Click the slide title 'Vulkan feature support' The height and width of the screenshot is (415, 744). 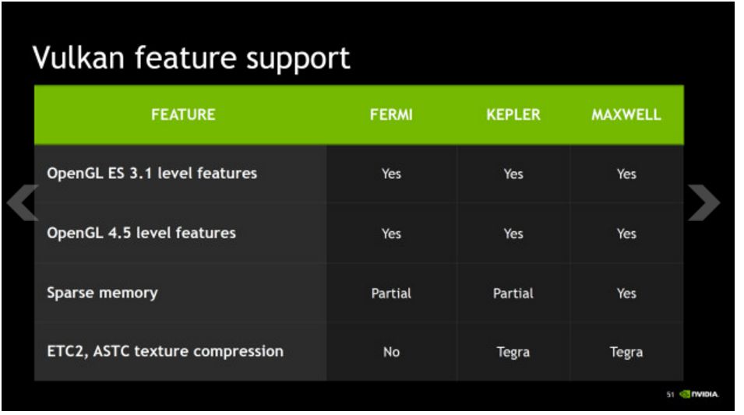(x=191, y=58)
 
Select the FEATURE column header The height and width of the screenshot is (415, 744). (x=183, y=114)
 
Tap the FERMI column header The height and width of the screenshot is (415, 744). (x=391, y=114)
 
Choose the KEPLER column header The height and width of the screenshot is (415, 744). (x=513, y=114)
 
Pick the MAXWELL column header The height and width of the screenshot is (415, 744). (x=626, y=114)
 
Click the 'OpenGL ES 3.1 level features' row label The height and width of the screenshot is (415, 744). (x=152, y=173)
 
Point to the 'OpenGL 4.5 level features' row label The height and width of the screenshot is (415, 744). (x=141, y=233)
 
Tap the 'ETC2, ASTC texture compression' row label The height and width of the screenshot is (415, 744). (x=165, y=351)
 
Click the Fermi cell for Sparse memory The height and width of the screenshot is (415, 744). (x=391, y=294)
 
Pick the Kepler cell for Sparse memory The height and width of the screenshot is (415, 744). (x=513, y=294)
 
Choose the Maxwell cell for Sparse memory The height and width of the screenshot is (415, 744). (x=626, y=294)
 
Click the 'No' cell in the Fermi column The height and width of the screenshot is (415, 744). (x=391, y=352)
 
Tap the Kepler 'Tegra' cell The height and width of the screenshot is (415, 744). (x=513, y=352)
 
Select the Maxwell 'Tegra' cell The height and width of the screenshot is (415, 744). (x=626, y=352)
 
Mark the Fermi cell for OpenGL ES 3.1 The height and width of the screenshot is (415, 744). (x=391, y=174)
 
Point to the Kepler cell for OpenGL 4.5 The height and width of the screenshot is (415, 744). (x=513, y=234)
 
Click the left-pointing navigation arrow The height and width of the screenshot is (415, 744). (x=22, y=204)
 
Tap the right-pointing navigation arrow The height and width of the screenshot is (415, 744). (x=704, y=204)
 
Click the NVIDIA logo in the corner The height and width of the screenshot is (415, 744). (x=699, y=395)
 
